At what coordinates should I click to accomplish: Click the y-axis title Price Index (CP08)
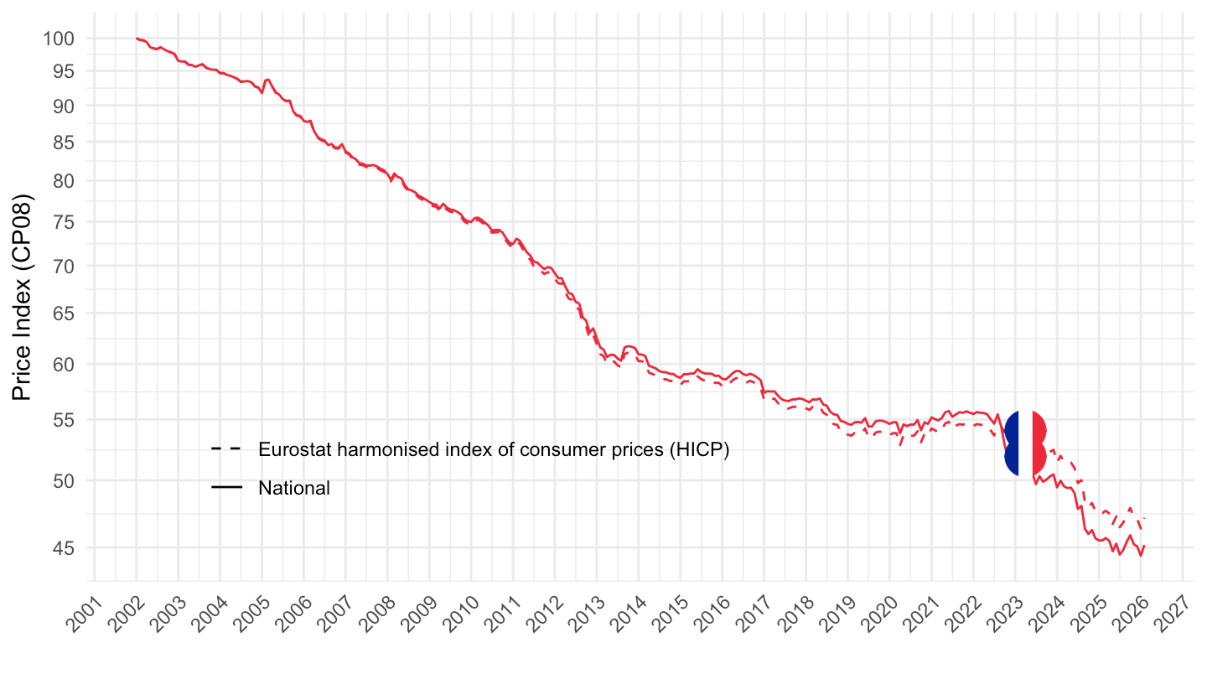coord(23,298)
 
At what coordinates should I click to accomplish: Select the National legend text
coord(294,488)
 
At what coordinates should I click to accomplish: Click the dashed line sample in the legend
coord(226,449)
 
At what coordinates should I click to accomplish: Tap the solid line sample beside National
coord(226,488)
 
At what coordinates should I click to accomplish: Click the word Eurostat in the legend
coord(290,449)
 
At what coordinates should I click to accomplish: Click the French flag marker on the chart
coord(1024,443)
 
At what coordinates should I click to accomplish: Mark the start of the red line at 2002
coord(137,39)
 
